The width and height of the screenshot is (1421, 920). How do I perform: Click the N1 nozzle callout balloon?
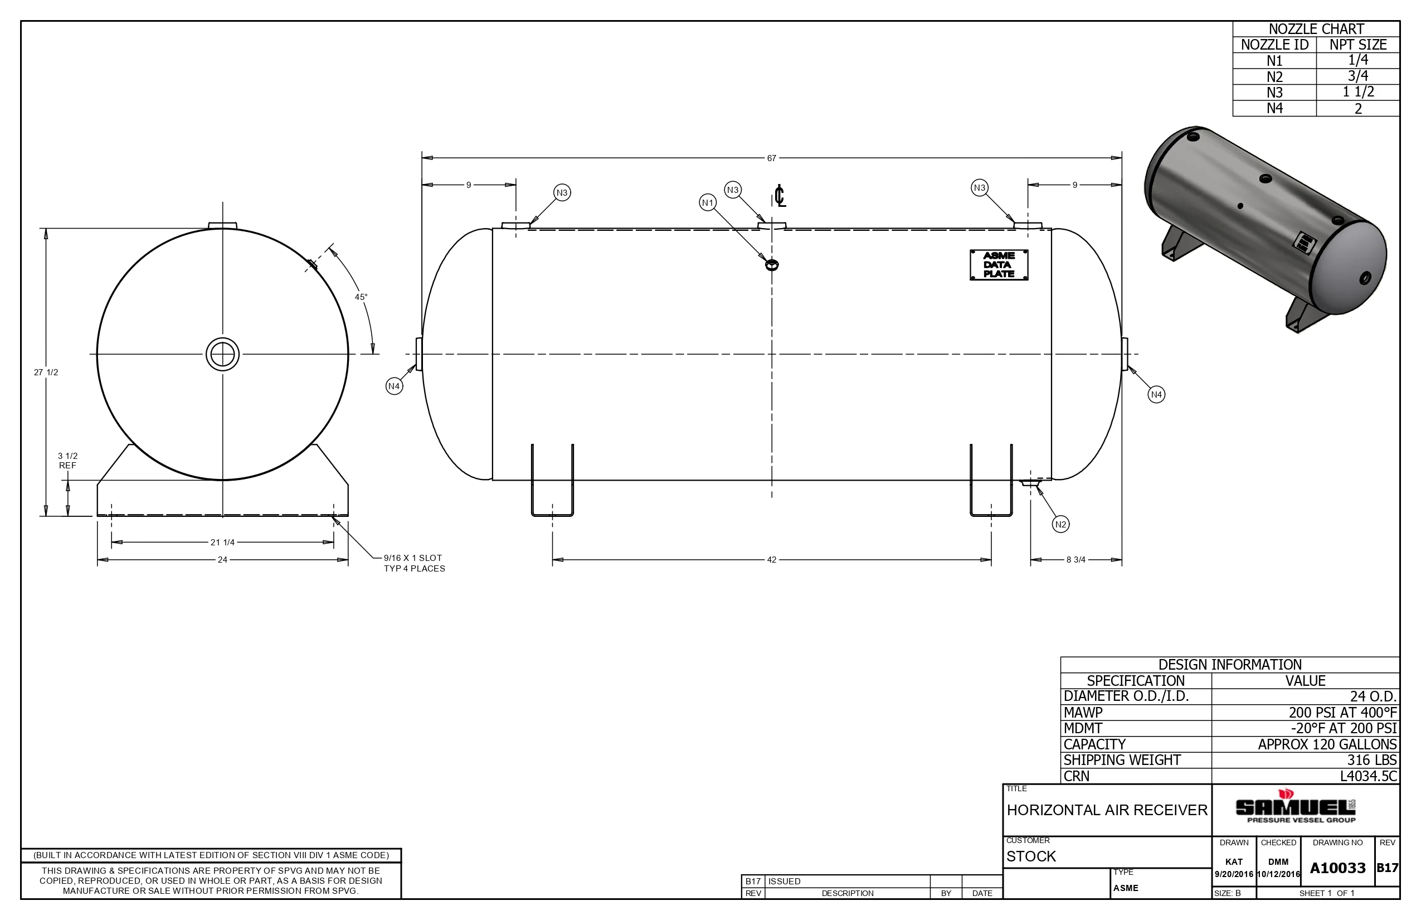(x=708, y=202)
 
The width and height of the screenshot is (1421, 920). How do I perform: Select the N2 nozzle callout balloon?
(x=1060, y=524)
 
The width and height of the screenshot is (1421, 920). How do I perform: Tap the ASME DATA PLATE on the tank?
(x=999, y=265)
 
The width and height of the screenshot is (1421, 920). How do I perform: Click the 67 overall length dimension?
(x=771, y=158)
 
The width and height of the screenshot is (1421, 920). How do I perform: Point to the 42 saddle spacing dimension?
(x=771, y=560)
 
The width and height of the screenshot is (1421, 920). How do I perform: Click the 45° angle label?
(x=361, y=297)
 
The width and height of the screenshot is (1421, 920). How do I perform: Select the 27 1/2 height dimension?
(x=46, y=372)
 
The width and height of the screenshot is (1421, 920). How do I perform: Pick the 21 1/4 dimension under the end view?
(x=222, y=543)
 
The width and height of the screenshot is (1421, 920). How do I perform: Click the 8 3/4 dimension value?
(x=1076, y=560)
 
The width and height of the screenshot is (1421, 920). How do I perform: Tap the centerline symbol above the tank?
(x=780, y=196)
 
